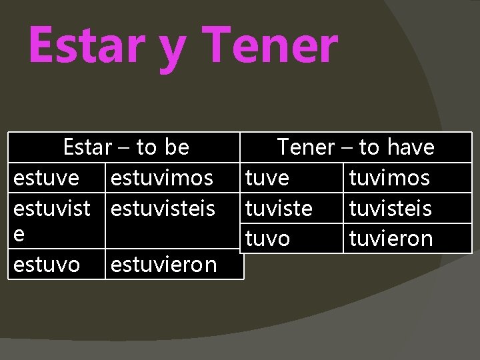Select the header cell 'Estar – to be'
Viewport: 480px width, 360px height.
[125, 147]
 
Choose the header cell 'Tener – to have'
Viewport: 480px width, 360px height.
[355, 147]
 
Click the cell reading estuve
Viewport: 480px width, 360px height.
[46, 178]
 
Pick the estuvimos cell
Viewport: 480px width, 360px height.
[162, 178]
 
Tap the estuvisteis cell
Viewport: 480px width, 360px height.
[163, 209]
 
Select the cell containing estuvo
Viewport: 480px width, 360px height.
[47, 265]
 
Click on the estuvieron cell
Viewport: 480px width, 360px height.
[164, 265]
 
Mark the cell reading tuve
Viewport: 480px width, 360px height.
[267, 178]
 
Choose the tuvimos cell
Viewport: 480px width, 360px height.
[389, 178]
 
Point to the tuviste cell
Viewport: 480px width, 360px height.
[279, 209]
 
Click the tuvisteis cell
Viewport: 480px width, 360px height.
[390, 209]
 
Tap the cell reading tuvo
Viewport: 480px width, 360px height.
[268, 239]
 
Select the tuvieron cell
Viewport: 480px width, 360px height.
[391, 239]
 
